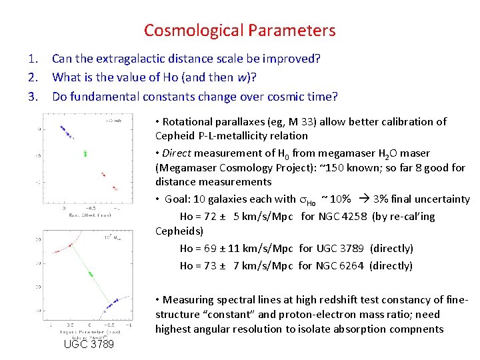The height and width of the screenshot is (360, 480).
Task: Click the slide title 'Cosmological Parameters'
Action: pyautogui.click(x=239, y=31)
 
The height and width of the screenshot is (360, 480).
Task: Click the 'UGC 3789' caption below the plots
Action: pyautogui.click(x=89, y=344)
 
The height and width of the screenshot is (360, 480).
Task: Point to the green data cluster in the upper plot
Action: pyautogui.click(x=85, y=153)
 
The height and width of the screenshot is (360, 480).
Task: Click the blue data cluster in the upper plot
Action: pyautogui.click(x=65, y=130)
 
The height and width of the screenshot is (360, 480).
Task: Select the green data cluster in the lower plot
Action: pyautogui.click(x=89, y=273)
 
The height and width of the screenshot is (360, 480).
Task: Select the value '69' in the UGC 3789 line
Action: pyautogui.click(x=209, y=248)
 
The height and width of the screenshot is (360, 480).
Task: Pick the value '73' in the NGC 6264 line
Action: pyautogui.click(x=209, y=265)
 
